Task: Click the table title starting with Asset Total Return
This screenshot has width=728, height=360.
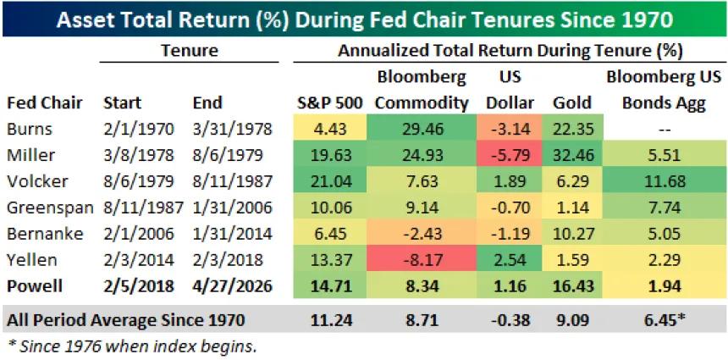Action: coord(364,18)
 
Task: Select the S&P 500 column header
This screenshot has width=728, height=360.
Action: coord(329,103)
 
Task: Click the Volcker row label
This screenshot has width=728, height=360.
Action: coord(33,181)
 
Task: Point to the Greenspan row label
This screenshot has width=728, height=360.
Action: coord(45,208)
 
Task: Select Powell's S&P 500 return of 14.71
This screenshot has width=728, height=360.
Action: coord(329,287)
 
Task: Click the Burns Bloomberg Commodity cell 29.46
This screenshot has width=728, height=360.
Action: coord(421,129)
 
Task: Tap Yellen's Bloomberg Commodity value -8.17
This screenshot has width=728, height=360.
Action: coord(421,261)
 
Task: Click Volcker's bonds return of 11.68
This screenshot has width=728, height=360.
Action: coord(663,181)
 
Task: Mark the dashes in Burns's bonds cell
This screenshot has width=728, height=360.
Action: coord(663,129)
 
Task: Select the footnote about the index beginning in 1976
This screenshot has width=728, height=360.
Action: coord(130,345)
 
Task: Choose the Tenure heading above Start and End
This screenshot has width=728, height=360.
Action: coord(189,51)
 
